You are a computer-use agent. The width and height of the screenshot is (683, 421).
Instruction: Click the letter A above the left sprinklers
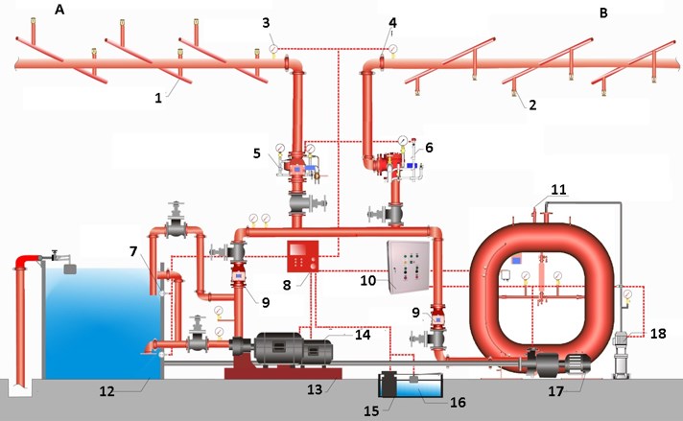[x=59, y=10]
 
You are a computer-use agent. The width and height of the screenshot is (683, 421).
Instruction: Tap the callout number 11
[x=558, y=190]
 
